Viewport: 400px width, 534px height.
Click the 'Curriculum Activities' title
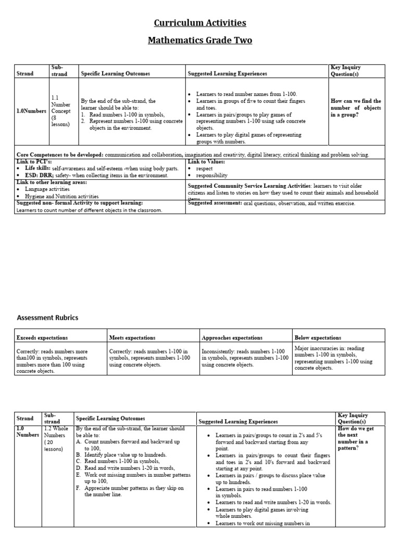pos(200,22)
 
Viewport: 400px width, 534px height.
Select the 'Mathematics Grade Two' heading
pos(200,40)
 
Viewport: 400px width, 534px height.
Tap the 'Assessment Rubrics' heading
pos(48,318)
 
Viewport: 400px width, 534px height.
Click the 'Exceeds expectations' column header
pos(42,337)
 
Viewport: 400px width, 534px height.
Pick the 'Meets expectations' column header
pos(132,337)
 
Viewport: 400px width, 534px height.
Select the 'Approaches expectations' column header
pos(232,337)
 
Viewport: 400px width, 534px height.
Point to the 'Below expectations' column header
pos(318,337)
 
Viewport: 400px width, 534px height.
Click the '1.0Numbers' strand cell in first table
pos(31,111)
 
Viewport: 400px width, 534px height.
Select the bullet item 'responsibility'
pos(211,176)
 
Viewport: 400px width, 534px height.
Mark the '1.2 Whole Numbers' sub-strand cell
pos(55,438)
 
